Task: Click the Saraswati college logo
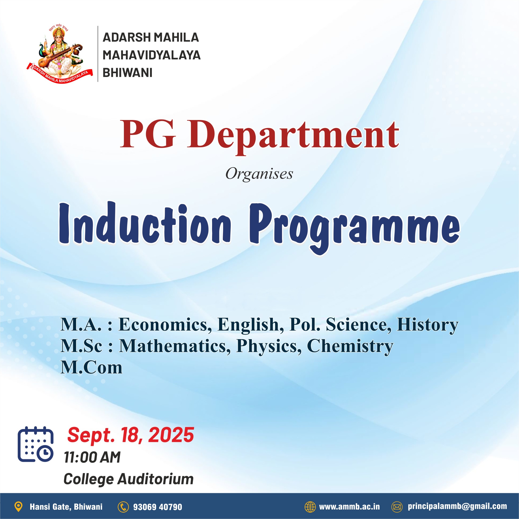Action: pos(60,54)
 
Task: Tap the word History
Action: pos(427,325)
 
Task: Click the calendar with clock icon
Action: pos(35,444)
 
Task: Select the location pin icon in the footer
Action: pos(18,507)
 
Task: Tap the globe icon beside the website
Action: pos(310,507)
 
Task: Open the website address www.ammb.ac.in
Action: pos(349,507)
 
